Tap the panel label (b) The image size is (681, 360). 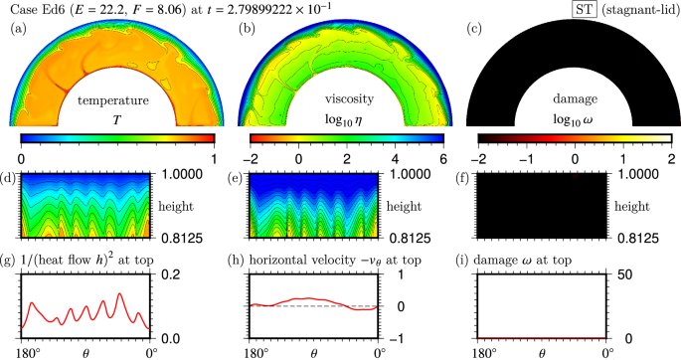tap(244, 29)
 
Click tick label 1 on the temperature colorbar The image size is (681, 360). tap(215, 158)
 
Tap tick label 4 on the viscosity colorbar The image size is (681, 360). tap(394, 158)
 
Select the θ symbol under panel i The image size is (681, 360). tap(542, 352)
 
